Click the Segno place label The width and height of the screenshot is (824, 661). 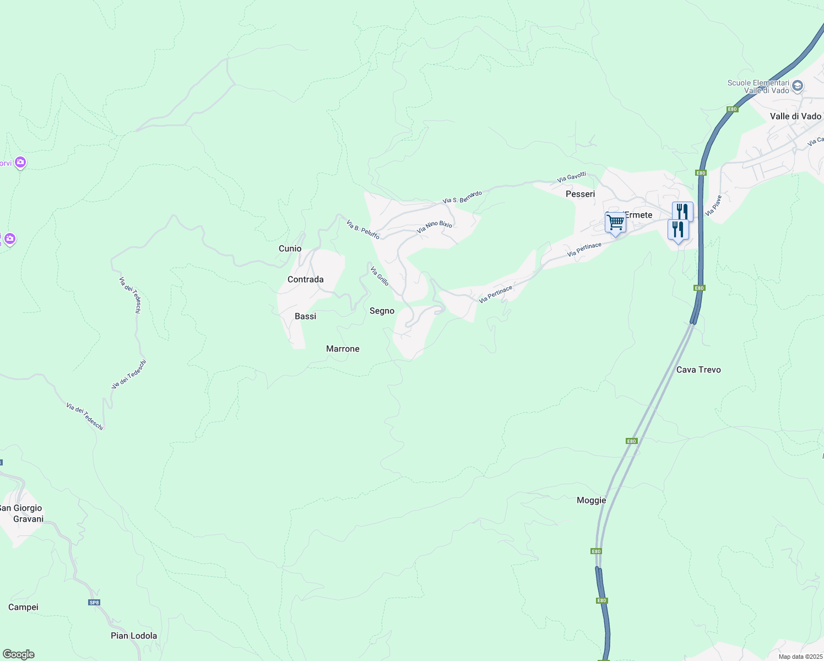tap(382, 311)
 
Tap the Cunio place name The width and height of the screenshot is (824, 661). tap(290, 249)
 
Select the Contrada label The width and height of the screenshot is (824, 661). tap(305, 280)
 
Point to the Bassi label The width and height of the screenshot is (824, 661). tap(305, 316)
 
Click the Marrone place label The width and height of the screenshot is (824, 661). tap(343, 349)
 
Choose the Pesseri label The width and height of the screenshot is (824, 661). tap(580, 194)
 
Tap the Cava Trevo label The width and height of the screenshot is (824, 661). tap(698, 370)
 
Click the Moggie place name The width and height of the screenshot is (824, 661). tap(591, 500)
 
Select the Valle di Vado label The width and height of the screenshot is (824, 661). tap(795, 116)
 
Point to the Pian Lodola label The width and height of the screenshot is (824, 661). tap(134, 636)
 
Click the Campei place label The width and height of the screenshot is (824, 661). tap(23, 607)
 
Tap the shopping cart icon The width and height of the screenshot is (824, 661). tap(615, 223)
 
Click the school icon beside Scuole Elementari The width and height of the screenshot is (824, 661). tap(797, 86)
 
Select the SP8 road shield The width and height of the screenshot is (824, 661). tap(94, 602)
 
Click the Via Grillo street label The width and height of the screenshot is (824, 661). tap(380, 277)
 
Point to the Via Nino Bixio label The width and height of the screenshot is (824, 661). tap(435, 227)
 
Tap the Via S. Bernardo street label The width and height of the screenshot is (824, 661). tap(462, 197)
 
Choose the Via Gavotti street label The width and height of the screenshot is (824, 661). tap(571, 177)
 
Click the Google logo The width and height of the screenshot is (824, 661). tap(19, 654)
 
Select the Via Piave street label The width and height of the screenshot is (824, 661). tap(714, 205)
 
